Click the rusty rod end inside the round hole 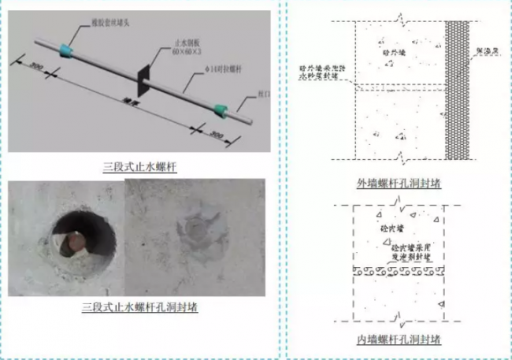(71, 238)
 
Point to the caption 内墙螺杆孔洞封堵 (398, 340)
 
